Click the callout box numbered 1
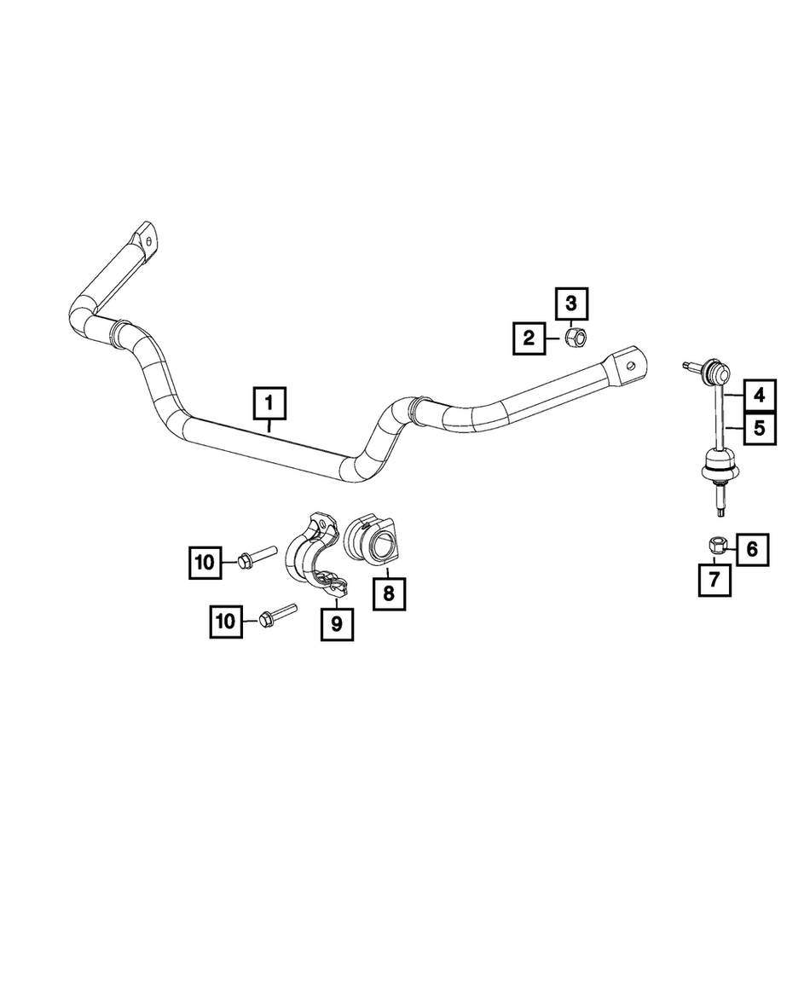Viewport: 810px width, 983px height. click(269, 403)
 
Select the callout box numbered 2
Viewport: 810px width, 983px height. click(529, 338)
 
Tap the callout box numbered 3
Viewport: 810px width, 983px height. click(571, 304)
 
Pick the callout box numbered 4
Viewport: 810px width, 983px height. click(759, 396)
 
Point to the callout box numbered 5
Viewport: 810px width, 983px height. click(759, 429)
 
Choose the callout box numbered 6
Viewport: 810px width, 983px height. click(752, 550)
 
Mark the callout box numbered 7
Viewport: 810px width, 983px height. click(715, 580)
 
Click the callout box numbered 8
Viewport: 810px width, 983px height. click(390, 593)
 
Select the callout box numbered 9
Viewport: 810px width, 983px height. click(338, 624)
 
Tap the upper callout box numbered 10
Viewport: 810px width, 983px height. click(205, 563)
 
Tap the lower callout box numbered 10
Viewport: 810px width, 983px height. click(226, 622)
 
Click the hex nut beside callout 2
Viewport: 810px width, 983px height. click(576, 338)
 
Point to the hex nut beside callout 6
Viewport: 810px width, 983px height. click(716, 546)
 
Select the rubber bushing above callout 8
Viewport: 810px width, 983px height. click(371, 541)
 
